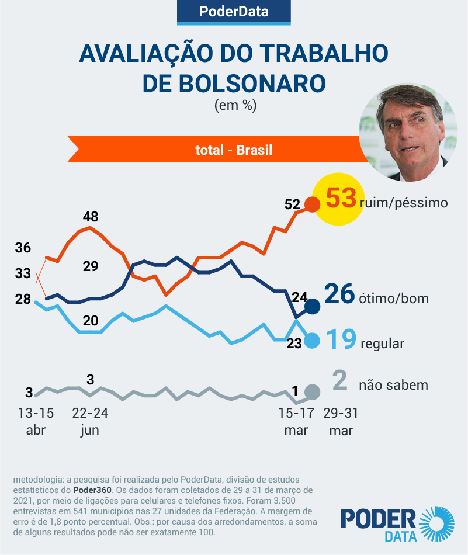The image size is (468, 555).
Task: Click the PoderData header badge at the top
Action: pyautogui.click(x=234, y=12)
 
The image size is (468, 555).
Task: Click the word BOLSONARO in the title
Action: pyautogui.click(x=234, y=83)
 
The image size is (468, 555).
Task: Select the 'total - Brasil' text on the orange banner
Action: pyautogui.click(x=234, y=150)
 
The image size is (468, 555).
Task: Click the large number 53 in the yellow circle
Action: pyautogui.click(x=341, y=199)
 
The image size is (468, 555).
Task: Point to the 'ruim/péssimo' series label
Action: pyautogui.click(x=404, y=203)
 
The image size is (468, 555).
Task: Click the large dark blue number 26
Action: pyautogui.click(x=339, y=294)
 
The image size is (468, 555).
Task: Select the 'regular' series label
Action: pyautogui.click(x=383, y=344)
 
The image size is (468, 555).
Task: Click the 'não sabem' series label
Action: pyautogui.click(x=393, y=385)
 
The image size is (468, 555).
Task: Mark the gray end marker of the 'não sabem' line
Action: pyautogui.click(x=313, y=392)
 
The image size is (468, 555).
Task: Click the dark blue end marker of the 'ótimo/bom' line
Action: pyautogui.click(x=313, y=306)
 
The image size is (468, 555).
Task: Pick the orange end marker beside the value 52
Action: pyautogui.click(x=313, y=204)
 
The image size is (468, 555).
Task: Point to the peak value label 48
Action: pyautogui.click(x=91, y=217)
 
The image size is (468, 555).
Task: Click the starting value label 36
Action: pyautogui.click(x=23, y=247)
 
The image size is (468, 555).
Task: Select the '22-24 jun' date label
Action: pyautogui.click(x=90, y=421)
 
